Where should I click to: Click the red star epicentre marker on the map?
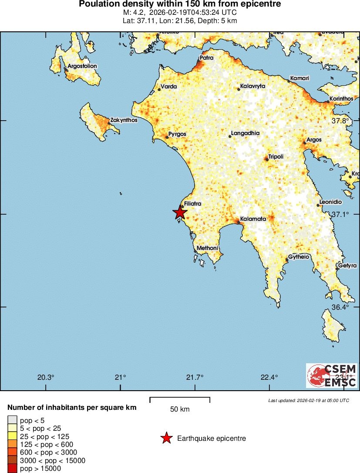click(x=179, y=213)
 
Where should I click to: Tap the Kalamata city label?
click(x=253, y=219)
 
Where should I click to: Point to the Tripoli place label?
click(x=276, y=156)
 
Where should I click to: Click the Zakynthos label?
click(x=124, y=120)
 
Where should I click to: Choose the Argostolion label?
click(x=82, y=66)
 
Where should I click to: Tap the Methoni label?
click(x=207, y=248)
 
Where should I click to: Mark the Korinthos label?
click(x=341, y=99)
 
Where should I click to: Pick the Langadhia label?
click(x=245, y=133)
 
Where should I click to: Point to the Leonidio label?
click(x=330, y=202)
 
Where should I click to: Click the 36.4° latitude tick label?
click(x=340, y=307)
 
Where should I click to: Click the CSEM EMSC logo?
click(x=331, y=375)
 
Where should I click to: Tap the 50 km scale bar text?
click(x=179, y=409)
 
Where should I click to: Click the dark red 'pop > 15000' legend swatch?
click(x=13, y=469)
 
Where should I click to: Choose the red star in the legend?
click(x=166, y=438)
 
